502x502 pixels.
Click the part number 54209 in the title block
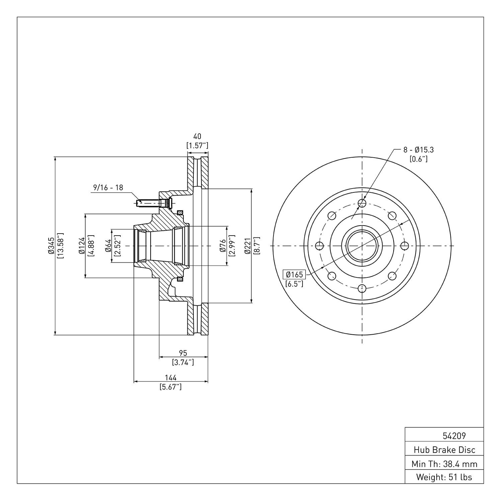tap(454, 436)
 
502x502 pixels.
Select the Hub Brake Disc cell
tap(444, 450)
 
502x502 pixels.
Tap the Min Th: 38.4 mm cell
tap(444, 464)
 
